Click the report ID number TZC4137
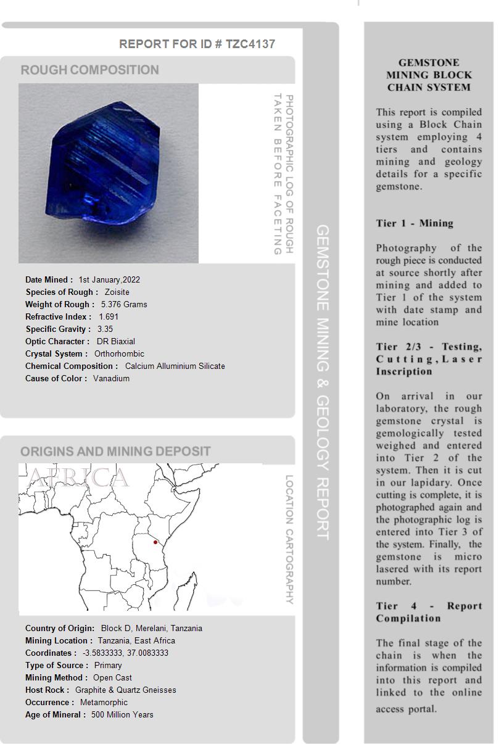pyautogui.click(x=250, y=44)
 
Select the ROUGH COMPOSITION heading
pyautogui.click(x=90, y=70)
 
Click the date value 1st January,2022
pyautogui.click(x=109, y=279)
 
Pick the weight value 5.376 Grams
pyautogui.click(x=124, y=304)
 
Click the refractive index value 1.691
pyautogui.click(x=109, y=316)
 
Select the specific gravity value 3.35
pyautogui.click(x=105, y=329)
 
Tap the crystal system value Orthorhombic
pyautogui.click(x=119, y=353)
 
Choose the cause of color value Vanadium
pyautogui.click(x=111, y=378)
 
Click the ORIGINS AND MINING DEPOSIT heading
pyautogui.click(x=115, y=451)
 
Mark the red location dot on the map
pyautogui.click(x=155, y=542)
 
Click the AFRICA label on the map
pyautogui.click(x=78, y=477)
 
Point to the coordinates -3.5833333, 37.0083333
pyautogui.click(x=125, y=653)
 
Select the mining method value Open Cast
pyautogui.click(x=112, y=677)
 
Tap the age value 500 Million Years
pyautogui.click(x=122, y=714)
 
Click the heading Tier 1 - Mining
pyautogui.click(x=415, y=223)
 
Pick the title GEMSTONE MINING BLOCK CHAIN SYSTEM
pyautogui.click(x=429, y=75)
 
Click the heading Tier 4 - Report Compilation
pyautogui.click(x=429, y=612)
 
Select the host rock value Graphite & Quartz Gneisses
pyautogui.click(x=125, y=690)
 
